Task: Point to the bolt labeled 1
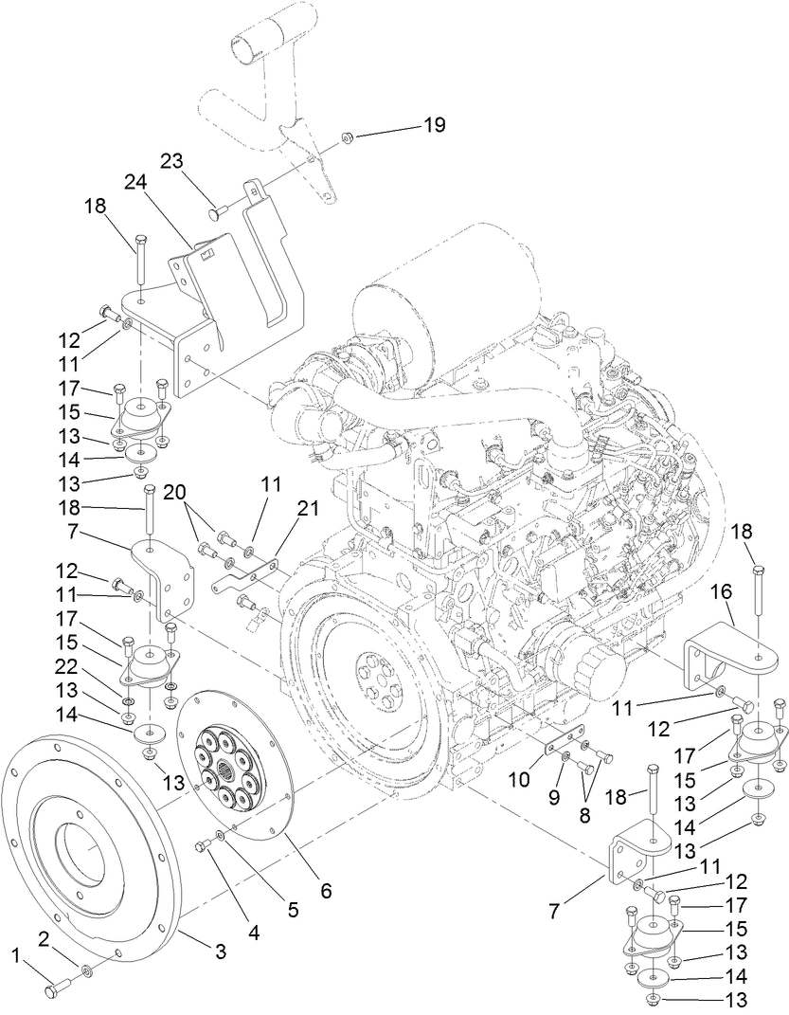coord(56,988)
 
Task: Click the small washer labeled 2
coord(86,970)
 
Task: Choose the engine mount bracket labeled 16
coord(729,659)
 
